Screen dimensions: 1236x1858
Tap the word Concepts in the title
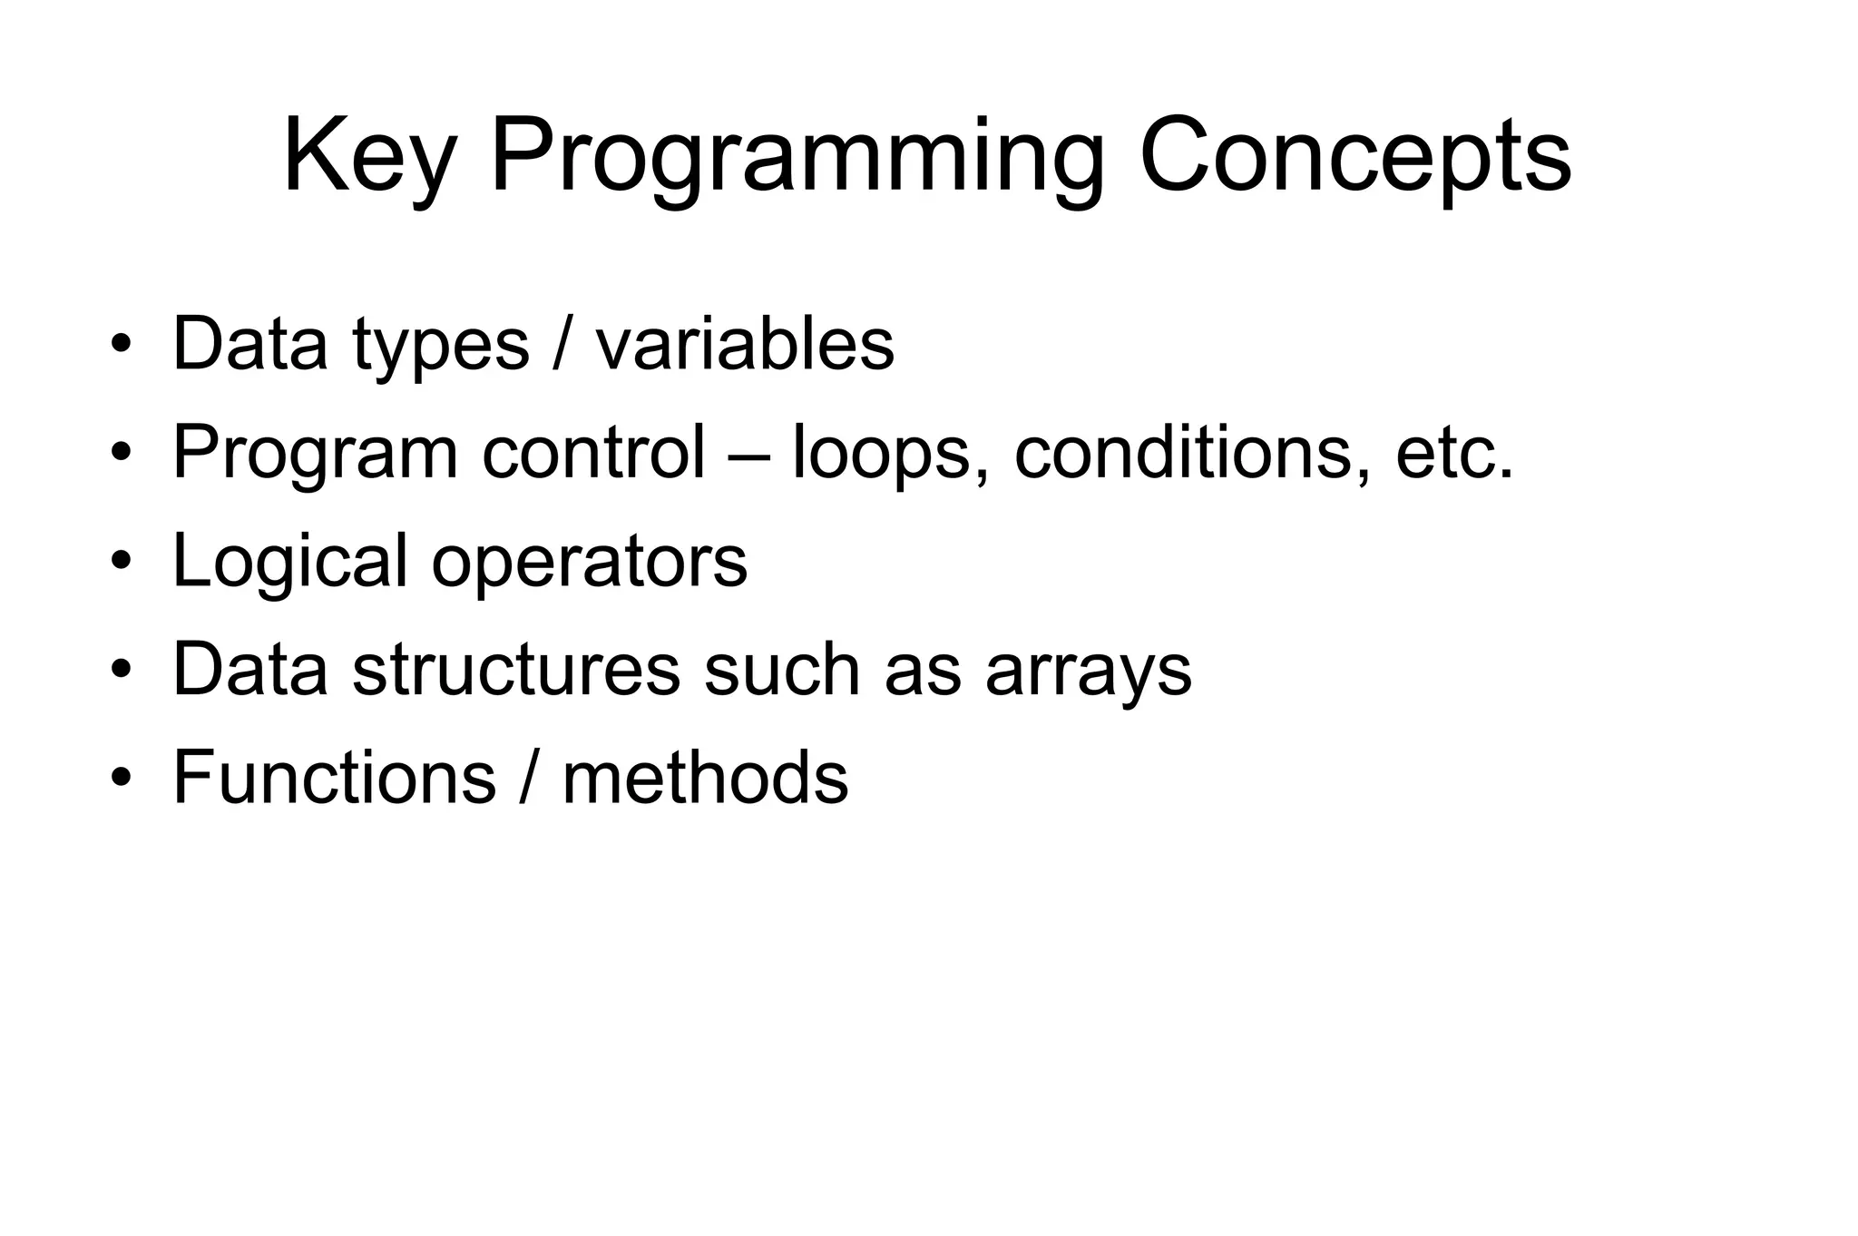pyautogui.click(x=1354, y=156)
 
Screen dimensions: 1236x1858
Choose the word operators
pyautogui.click(x=589, y=563)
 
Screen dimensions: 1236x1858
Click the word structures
pyautogui.click(x=516, y=670)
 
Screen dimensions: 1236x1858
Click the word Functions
pyautogui.click(x=334, y=778)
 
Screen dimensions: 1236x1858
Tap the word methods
pyautogui.click(x=705, y=778)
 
